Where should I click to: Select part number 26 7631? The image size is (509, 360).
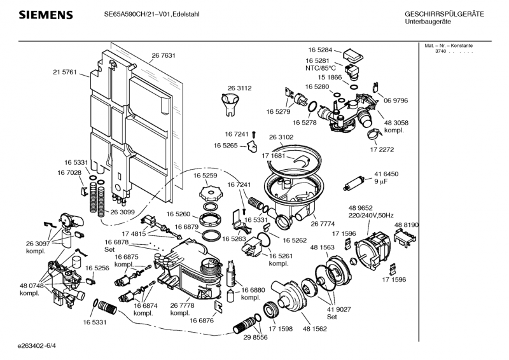pyautogui.click(x=163, y=56)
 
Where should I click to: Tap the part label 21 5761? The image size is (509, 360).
pyautogui.click(x=64, y=73)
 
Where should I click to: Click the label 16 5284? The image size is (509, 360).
pyautogui.click(x=321, y=50)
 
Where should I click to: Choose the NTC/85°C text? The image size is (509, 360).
pyautogui.click(x=319, y=68)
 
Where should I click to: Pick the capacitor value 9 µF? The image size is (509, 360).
pyautogui.click(x=381, y=181)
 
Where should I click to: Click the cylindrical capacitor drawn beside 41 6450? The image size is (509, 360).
pyautogui.click(x=352, y=184)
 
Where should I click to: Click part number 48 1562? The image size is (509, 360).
pyautogui.click(x=314, y=329)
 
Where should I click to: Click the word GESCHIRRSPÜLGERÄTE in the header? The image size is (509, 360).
pyautogui.click(x=444, y=14)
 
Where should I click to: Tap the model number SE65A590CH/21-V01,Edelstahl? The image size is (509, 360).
pyautogui.click(x=151, y=14)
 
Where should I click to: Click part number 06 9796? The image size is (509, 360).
pyautogui.click(x=395, y=100)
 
